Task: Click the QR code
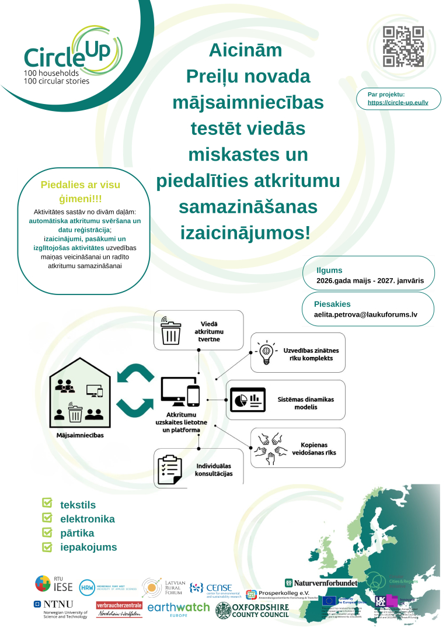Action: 403,47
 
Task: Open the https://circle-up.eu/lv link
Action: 398,102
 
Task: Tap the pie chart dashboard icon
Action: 247,400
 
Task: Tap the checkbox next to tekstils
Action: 47,504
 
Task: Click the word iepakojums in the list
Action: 88,547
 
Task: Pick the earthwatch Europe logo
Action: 178,610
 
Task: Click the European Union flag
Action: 329,600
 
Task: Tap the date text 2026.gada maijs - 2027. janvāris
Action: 370,281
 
